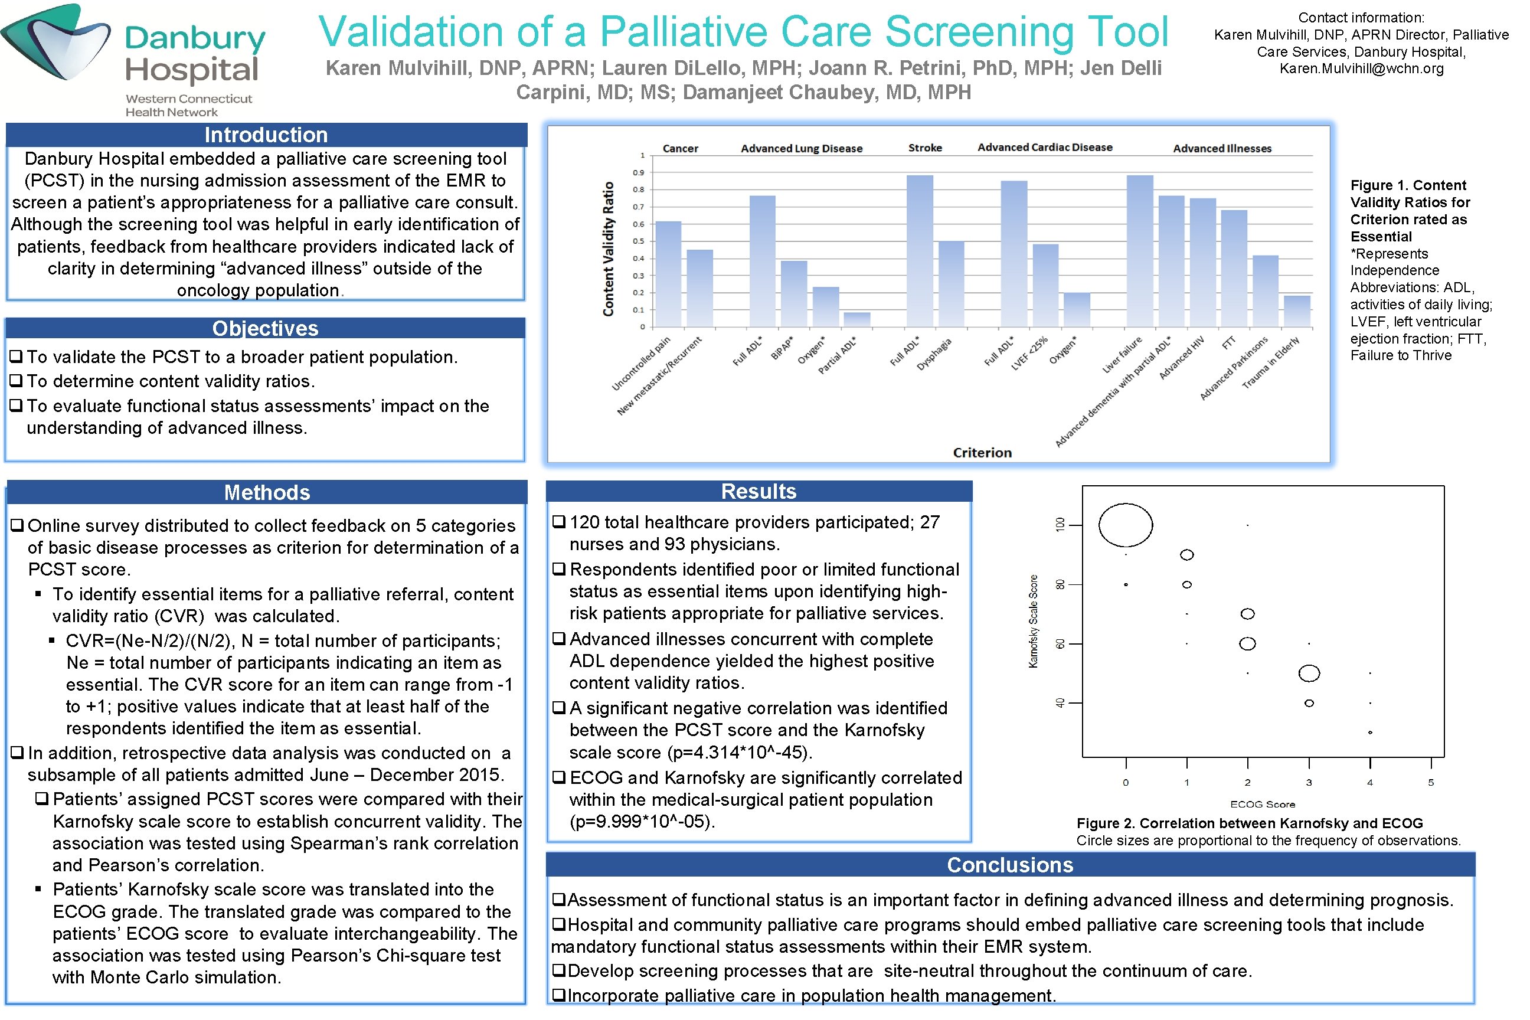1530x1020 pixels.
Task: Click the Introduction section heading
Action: [x=266, y=135]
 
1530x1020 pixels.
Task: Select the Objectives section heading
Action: [x=266, y=329]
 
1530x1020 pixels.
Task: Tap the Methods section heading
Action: [x=267, y=492]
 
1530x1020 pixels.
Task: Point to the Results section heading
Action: [x=759, y=491]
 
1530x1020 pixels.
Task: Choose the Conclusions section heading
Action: [x=1009, y=865]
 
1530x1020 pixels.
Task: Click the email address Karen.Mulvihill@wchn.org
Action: [x=1362, y=68]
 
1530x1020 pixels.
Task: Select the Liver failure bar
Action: [x=1140, y=251]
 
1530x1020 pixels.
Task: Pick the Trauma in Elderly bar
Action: [x=1297, y=311]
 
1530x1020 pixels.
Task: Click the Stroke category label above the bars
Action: [x=925, y=148]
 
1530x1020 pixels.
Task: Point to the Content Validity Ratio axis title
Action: [x=608, y=249]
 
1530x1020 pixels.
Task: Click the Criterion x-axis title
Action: [x=982, y=453]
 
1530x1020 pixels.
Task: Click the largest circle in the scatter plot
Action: [x=1126, y=525]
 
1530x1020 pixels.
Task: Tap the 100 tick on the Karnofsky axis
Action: [x=1060, y=524]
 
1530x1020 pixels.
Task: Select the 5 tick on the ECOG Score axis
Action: [x=1431, y=783]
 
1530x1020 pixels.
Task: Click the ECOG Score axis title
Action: [x=1263, y=804]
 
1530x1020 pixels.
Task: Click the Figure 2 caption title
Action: [x=1250, y=823]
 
